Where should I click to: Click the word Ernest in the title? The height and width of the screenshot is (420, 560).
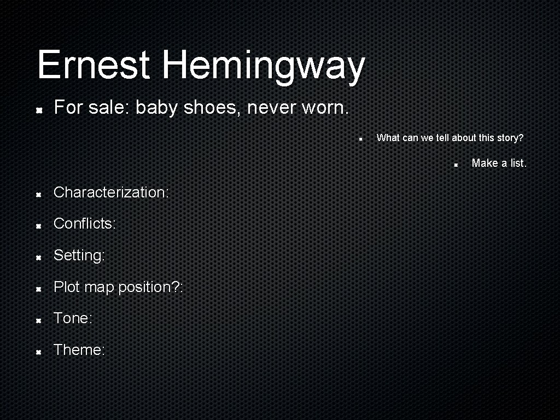point(94,65)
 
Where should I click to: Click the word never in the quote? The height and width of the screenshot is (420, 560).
point(271,108)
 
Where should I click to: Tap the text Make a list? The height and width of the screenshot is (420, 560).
point(499,163)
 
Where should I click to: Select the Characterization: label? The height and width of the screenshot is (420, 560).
point(111,192)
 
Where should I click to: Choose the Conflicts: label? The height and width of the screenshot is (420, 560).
point(85,224)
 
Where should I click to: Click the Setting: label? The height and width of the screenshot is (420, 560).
point(79,255)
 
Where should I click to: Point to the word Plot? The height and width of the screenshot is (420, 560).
point(67,287)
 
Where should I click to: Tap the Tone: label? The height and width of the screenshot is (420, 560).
point(73,318)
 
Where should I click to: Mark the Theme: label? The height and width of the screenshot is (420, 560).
point(79,349)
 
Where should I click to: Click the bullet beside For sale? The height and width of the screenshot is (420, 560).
point(39,110)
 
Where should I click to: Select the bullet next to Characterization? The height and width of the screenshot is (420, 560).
point(39,194)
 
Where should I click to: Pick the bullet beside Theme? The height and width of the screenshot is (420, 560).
point(39,351)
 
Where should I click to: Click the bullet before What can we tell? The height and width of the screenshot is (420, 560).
point(361,139)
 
